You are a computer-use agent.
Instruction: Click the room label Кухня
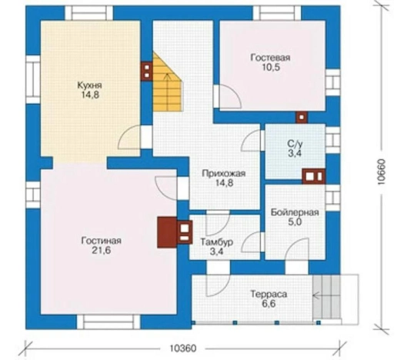click(90, 85)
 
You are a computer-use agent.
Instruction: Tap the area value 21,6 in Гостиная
click(102, 250)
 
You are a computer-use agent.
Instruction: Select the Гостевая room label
click(270, 58)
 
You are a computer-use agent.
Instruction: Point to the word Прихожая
click(224, 173)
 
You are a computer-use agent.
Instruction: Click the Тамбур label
click(217, 242)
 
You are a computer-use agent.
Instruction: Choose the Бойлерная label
click(295, 212)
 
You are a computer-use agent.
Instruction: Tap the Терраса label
click(269, 294)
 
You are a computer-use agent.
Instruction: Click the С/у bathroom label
click(295, 144)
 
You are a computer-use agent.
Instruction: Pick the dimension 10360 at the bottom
click(183, 348)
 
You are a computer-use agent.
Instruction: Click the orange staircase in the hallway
click(168, 82)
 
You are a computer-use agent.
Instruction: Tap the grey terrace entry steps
click(326, 298)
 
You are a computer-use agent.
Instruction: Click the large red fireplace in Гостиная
click(167, 232)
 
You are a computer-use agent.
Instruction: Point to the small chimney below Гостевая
click(302, 118)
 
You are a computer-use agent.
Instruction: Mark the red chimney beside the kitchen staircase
click(147, 72)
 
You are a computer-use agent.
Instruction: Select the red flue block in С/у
click(313, 176)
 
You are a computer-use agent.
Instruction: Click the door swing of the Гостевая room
click(230, 96)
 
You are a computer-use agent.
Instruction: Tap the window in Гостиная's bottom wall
click(109, 322)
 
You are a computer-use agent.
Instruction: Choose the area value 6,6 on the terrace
click(269, 304)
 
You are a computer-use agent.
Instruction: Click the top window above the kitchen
click(89, 13)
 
